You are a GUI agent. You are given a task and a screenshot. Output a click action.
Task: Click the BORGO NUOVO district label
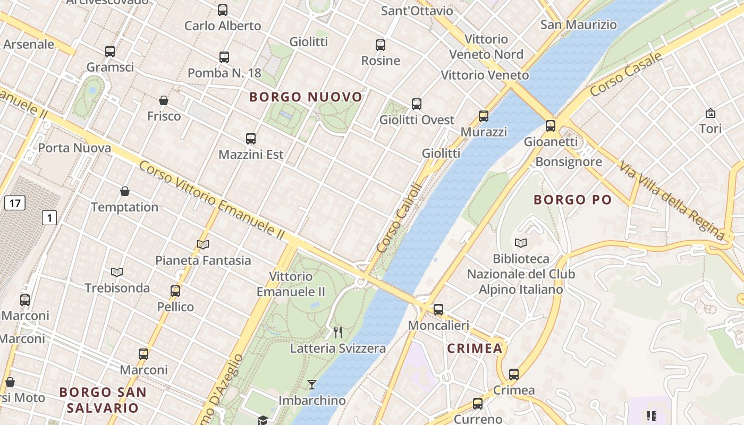click(x=306, y=97)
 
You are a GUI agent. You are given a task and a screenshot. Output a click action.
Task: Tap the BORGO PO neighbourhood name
click(x=572, y=200)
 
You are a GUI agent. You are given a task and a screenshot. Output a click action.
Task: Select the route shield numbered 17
click(x=15, y=202)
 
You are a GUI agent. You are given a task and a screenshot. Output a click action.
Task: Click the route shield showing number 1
click(x=49, y=217)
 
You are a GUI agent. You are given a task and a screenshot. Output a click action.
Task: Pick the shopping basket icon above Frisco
click(x=164, y=100)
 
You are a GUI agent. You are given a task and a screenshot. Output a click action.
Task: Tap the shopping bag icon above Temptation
click(x=125, y=191)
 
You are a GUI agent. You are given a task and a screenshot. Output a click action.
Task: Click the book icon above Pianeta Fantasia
click(x=203, y=244)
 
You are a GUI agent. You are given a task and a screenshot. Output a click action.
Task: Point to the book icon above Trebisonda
click(x=117, y=272)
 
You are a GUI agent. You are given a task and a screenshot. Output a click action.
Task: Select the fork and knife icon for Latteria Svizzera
click(x=338, y=333)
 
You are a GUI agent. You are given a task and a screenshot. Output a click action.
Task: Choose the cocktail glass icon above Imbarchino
click(x=312, y=384)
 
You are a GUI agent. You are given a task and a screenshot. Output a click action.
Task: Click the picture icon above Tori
click(x=710, y=113)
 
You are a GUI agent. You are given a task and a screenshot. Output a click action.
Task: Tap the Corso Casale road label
click(x=626, y=74)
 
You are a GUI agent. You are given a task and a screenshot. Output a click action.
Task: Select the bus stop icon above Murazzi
click(x=484, y=116)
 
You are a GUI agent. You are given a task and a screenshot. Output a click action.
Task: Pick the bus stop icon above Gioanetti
click(x=551, y=126)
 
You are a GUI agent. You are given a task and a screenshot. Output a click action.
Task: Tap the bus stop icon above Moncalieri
click(x=438, y=309)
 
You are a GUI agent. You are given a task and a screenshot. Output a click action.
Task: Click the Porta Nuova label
click(x=74, y=148)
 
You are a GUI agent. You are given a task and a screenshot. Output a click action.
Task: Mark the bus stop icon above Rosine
click(x=381, y=45)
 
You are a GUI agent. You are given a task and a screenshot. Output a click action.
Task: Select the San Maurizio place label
click(x=578, y=24)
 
